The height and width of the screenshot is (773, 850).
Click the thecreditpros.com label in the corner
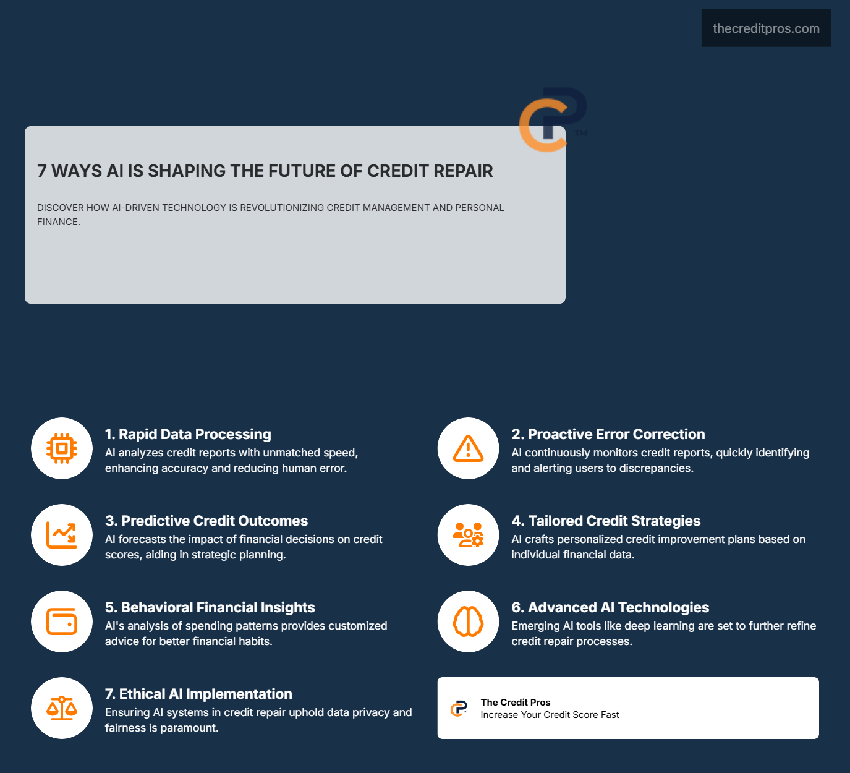click(766, 28)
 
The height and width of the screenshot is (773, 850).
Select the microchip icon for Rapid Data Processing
click(62, 448)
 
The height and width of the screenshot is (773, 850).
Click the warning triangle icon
click(468, 448)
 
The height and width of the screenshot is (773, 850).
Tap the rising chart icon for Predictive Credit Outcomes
click(62, 535)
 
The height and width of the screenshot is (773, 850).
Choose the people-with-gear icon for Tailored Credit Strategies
click(468, 535)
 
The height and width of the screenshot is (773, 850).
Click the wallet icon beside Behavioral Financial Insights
click(62, 621)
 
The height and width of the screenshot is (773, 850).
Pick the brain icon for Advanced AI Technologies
click(468, 621)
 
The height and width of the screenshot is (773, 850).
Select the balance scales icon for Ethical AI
click(62, 708)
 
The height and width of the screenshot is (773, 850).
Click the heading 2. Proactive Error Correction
click(608, 434)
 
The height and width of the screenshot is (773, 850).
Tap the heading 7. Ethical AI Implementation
click(198, 694)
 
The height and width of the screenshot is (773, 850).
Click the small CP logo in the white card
click(459, 709)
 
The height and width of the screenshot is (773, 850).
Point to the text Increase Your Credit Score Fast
click(550, 715)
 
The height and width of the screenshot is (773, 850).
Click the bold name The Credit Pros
click(516, 703)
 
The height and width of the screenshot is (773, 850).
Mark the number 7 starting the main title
click(41, 171)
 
